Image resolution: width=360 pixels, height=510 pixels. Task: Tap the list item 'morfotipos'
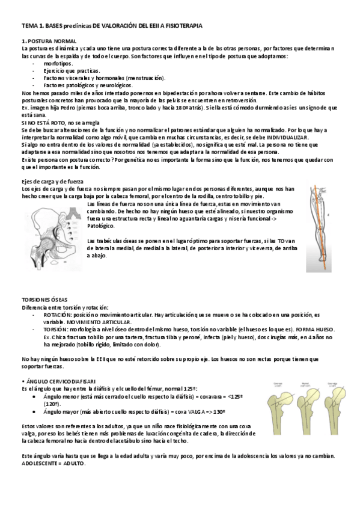(58, 63)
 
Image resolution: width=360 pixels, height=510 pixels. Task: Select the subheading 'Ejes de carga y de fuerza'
(53, 181)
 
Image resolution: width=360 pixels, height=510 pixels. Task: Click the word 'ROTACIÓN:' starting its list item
(60, 314)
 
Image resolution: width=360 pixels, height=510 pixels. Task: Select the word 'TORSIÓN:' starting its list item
(58, 330)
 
